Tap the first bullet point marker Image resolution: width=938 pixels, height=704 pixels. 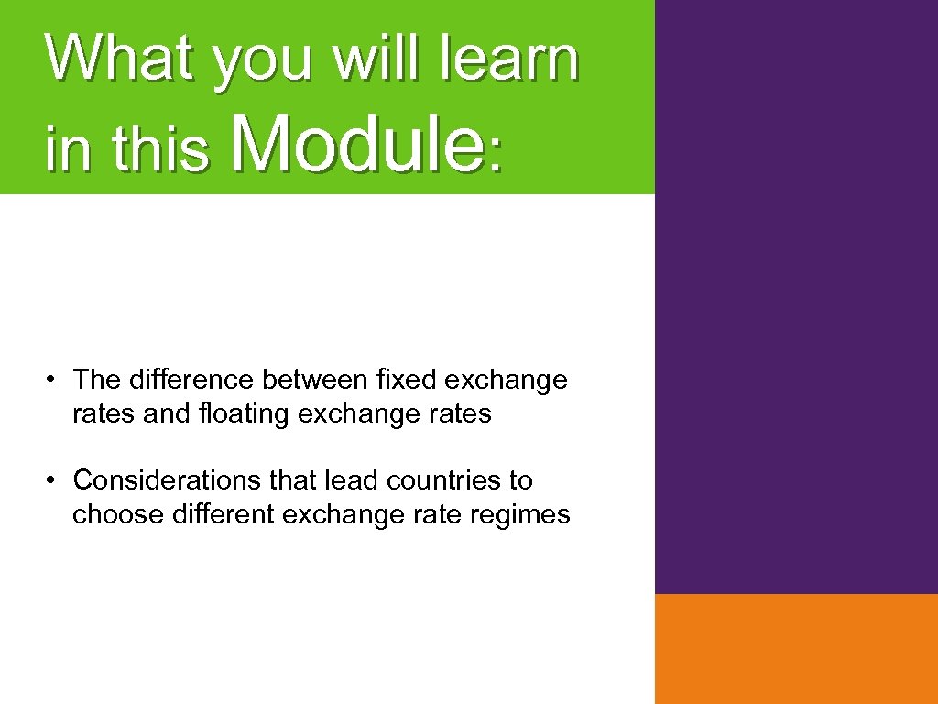(54, 379)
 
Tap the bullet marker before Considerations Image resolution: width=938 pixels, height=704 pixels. (54, 480)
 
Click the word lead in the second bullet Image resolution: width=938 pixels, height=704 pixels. (352, 479)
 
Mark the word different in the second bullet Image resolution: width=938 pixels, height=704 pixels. (223, 515)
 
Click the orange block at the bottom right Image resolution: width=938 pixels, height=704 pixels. (796, 648)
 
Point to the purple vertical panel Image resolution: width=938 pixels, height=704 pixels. (796, 293)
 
